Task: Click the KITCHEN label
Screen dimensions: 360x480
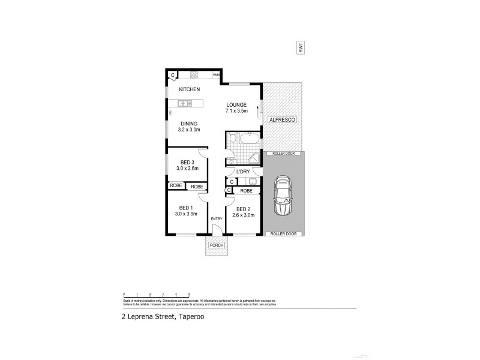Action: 189,89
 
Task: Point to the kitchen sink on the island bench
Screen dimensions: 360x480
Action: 184,103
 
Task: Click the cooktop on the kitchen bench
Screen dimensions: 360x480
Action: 194,75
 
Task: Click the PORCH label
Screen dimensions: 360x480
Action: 215,246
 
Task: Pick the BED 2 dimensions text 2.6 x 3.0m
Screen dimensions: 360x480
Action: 244,215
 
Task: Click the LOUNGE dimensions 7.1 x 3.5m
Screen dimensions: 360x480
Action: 236,111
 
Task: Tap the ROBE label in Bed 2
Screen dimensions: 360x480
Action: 246,190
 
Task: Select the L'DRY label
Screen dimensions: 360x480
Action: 243,172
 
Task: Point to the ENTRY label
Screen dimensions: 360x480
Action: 216,218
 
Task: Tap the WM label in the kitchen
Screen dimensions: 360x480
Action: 215,75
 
